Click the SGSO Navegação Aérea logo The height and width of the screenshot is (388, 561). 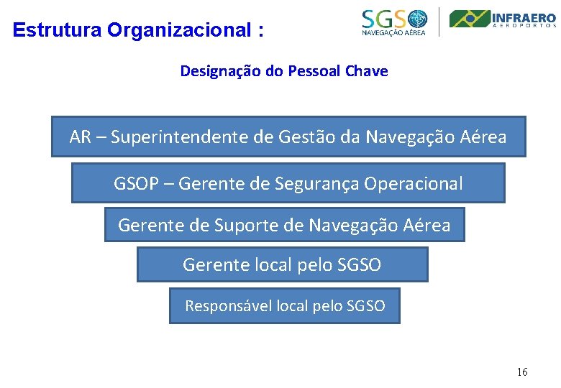394,22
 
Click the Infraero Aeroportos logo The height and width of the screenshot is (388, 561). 503,19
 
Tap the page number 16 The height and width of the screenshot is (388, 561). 522,371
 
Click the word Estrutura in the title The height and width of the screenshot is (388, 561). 57,30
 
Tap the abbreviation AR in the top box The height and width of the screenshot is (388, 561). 80,137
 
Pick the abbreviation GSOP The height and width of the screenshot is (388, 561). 137,184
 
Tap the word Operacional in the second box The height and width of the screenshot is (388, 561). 414,184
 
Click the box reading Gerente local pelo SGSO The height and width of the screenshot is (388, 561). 282,264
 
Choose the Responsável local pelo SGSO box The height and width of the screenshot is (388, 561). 284,306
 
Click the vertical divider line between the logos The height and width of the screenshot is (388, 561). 439,21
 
